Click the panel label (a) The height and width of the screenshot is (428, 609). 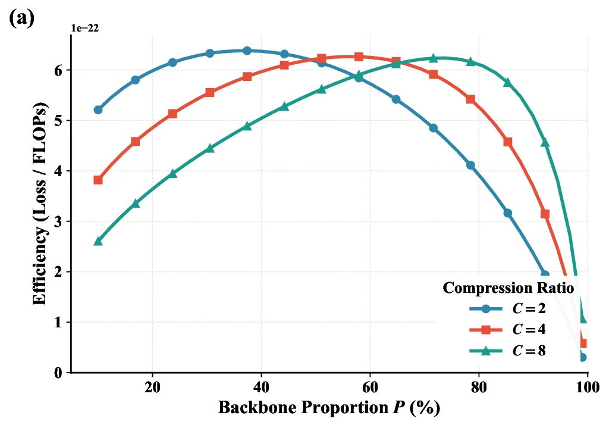point(22,17)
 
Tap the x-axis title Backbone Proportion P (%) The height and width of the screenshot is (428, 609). point(329,408)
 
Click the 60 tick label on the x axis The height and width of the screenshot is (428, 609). point(370,386)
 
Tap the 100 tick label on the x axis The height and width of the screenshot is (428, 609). point(586,386)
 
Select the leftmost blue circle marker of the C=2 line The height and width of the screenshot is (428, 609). point(98,110)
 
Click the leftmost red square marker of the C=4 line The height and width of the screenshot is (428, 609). point(98,180)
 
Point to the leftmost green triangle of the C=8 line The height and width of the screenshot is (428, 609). point(98,241)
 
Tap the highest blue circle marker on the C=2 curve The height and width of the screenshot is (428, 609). point(247,51)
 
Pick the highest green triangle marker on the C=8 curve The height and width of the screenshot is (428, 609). point(433,58)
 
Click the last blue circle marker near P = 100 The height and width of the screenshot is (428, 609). point(583,357)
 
